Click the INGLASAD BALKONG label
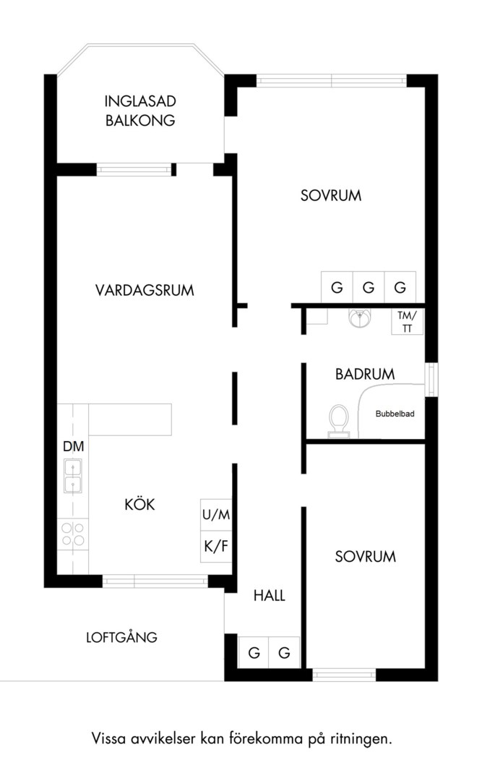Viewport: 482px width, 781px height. click(x=140, y=111)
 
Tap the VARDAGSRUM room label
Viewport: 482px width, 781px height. click(x=145, y=290)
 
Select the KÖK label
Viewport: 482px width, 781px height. click(x=140, y=504)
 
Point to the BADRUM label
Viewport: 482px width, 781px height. click(x=365, y=374)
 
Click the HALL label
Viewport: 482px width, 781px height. click(x=270, y=596)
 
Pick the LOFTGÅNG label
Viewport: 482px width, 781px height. click(x=121, y=637)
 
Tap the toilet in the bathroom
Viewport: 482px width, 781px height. click(x=339, y=421)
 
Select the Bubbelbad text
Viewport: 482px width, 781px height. click(x=395, y=414)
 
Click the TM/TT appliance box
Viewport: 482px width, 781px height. click(x=408, y=321)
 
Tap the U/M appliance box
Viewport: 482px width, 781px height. click(x=216, y=515)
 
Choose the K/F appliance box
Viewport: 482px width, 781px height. click(x=216, y=547)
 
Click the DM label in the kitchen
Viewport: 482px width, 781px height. click(x=73, y=446)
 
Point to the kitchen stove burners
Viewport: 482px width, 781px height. click(x=73, y=534)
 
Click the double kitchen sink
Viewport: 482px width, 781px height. click(x=73, y=476)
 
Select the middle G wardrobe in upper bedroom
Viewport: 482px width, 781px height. click(x=369, y=287)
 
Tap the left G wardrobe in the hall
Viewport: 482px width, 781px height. click(x=254, y=652)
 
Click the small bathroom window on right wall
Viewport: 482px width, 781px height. click(x=431, y=380)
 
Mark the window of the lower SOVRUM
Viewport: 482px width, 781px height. click(x=344, y=675)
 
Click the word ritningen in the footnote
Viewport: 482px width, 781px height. click(x=361, y=738)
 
